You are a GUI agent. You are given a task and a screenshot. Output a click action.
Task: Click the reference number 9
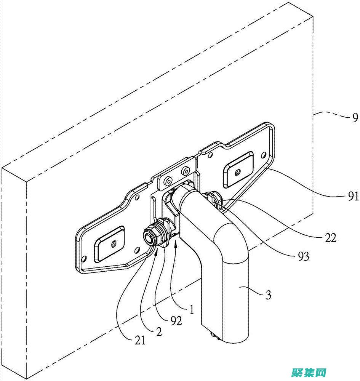pyautogui.click(x=355, y=118)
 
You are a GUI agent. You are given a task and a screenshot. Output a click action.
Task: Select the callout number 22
pyautogui.click(x=331, y=238)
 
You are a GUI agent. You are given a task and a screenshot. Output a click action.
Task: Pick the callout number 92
pyautogui.click(x=176, y=321)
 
